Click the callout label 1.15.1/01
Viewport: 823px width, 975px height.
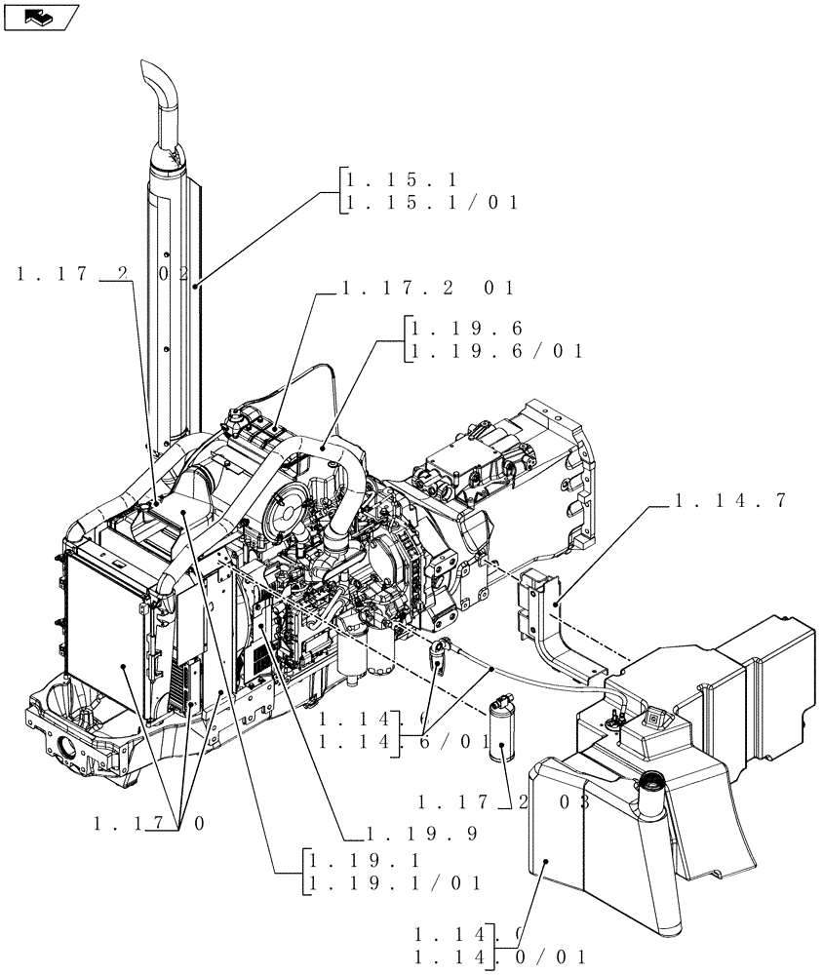coord(426,203)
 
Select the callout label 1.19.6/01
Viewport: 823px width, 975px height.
coord(497,351)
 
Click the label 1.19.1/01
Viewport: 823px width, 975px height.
coord(394,883)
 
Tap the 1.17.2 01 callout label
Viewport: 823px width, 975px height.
coord(426,288)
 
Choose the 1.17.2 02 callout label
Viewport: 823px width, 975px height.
coord(102,276)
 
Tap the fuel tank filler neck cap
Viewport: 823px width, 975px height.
coord(651,782)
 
